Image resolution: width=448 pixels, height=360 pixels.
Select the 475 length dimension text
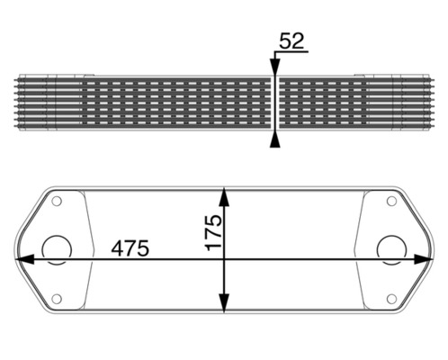tap(130, 247)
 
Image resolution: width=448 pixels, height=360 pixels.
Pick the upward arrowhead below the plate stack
tap(274, 137)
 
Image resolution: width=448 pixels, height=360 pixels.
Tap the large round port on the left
tap(58, 249)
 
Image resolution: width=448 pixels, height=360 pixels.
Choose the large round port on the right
tap(390, 249)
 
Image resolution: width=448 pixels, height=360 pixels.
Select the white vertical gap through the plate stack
tap(274, 102)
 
